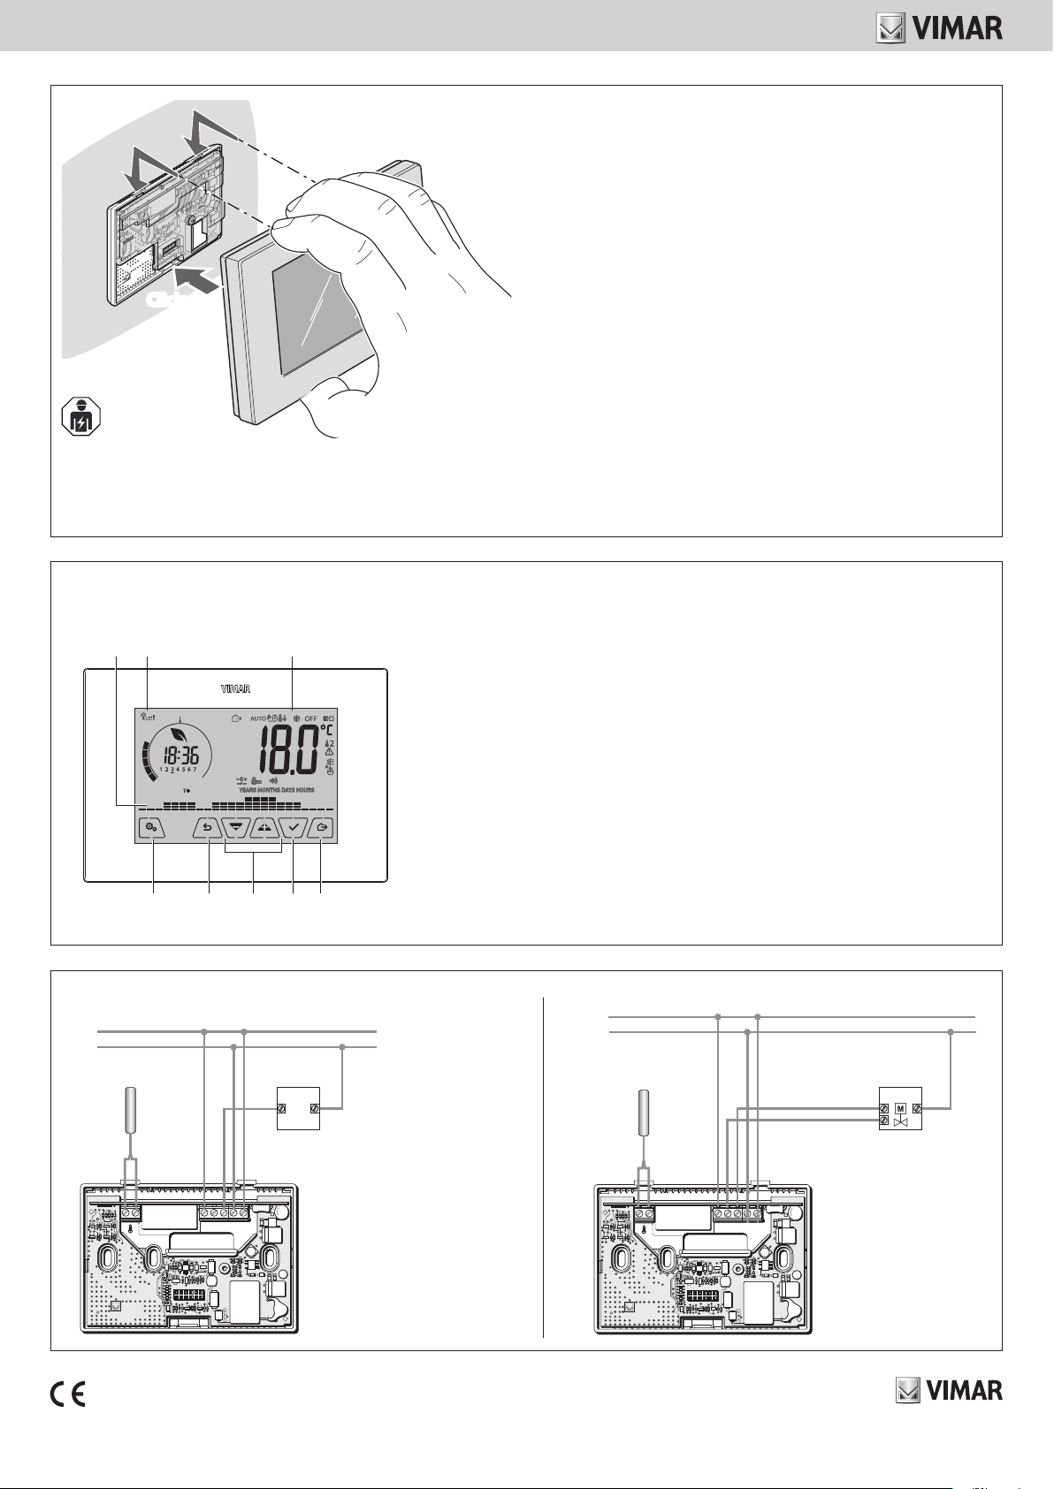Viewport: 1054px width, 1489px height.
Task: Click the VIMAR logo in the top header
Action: pos(939,28)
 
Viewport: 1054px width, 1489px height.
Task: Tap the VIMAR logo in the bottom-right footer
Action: pos(949,1391)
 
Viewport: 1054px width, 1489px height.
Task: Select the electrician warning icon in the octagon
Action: pos(80,416)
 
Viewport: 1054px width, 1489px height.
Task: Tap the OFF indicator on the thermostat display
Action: pos(311,718)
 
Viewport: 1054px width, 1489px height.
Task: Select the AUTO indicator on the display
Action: pos(257,718)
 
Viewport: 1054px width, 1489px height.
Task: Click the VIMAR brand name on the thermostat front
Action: pos(235,688)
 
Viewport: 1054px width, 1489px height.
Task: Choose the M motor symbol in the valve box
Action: pos(900,1107)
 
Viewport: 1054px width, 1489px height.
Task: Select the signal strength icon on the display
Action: pos(148,718)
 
